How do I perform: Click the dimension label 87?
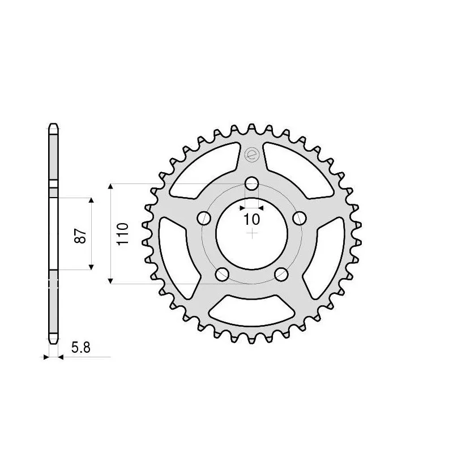(x=81, y=235)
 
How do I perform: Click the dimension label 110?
(x=123, y=233)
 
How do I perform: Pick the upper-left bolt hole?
(x=203, y=219)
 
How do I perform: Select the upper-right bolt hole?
(x=300, y=219)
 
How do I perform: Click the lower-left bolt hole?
(x=222, y=275)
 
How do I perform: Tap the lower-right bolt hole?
(x=281, y=275)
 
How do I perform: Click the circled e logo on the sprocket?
(x=251, y=152)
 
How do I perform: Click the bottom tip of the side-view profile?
(x=52, y=341)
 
